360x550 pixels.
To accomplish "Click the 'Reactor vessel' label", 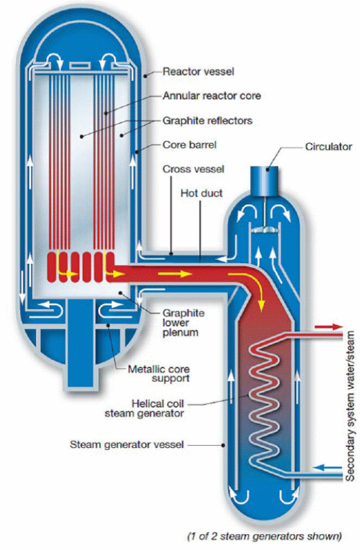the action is tap(198, 72).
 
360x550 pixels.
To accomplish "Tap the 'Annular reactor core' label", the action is tap(211, 96).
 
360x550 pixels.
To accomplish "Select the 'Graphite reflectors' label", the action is tap(207, 121).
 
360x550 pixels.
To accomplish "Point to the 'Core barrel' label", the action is tap(190, 145).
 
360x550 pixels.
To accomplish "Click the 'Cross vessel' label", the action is tap(193, 169).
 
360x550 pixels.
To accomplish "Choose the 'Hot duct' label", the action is tap(202, 193).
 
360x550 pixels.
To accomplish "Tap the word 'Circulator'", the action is tap(329, 147).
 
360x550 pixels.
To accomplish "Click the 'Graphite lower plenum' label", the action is tap(183, 323).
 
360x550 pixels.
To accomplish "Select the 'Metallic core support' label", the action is tap(158, 374).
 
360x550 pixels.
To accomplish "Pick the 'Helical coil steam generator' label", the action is tap(145, 408).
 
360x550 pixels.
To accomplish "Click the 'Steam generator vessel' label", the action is tap(126, 444).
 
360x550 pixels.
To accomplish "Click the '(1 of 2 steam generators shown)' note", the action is tap(265, 536).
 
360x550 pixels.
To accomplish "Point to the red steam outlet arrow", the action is tap(329, 327).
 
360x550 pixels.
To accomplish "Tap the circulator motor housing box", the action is tap(264, 181).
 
